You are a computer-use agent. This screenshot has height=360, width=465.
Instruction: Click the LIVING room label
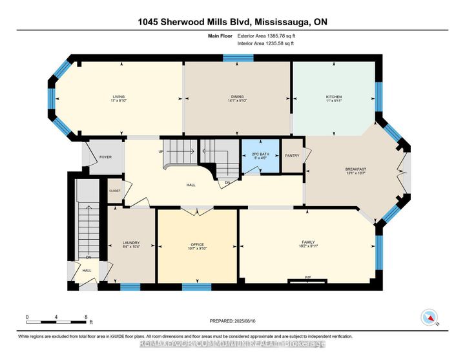click(117, 97)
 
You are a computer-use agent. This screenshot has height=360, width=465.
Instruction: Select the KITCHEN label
click(333, 97)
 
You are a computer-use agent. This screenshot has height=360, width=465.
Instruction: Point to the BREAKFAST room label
click(355, 169)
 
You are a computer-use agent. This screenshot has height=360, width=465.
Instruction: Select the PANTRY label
click(292, 155)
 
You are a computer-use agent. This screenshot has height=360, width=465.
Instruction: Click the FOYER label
click(105, 156)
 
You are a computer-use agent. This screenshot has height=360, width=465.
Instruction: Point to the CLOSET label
click(114, 191)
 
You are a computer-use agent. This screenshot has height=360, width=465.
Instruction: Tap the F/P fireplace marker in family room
click(307, 277)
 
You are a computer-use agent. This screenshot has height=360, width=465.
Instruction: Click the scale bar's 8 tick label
click(86, 317)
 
